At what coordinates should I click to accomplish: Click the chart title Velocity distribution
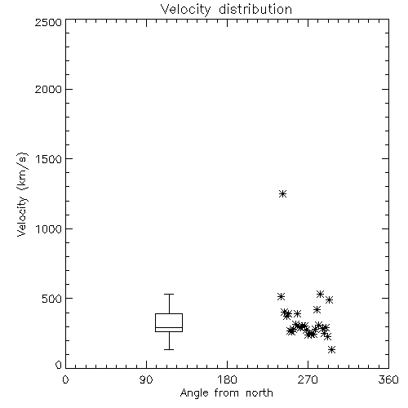click(226, 10)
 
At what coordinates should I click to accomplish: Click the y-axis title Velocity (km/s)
click(22, 194)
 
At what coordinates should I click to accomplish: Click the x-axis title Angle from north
click(226, 392)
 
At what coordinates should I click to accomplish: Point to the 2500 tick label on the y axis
click(48, 22)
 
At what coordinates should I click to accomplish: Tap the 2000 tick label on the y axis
click(48, 90)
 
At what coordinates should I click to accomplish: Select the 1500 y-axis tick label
click(49, 159)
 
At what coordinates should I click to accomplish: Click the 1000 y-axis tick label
click(49, 229)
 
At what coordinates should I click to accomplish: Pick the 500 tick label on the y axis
click(52, 299)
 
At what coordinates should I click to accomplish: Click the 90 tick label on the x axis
click(146, 379)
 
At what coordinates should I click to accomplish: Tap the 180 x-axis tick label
click(227, 379)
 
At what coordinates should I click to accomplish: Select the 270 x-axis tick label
click(308, 379)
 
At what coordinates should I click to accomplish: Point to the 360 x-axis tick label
click(388, 379)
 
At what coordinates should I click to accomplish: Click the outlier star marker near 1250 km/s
click(283, 193)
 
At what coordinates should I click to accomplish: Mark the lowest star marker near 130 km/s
click(331, 349)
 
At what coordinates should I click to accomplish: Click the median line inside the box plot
click(169, 327)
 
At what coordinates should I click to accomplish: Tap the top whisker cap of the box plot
click(169, 294)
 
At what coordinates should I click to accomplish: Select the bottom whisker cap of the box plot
click(169, 349)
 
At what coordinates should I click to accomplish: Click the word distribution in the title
click(255, 10)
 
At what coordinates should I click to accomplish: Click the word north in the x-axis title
click(259, 392)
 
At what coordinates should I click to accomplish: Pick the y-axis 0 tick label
click(59, 365)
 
